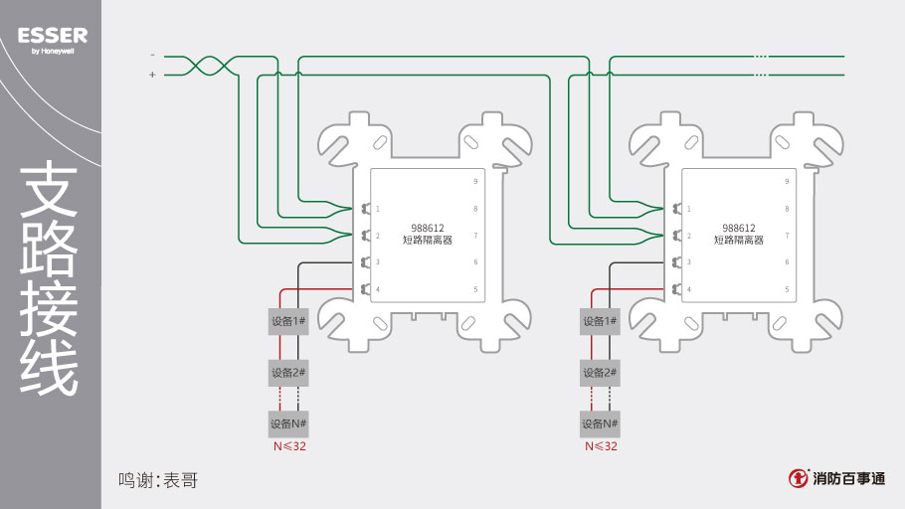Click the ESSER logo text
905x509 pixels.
[53, 36]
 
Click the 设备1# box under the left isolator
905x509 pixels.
[288, 321]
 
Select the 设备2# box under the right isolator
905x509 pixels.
[600, 373]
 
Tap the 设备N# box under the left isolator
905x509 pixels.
[288, 424]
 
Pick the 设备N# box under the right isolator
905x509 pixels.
[600, 424]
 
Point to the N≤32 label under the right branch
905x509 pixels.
[601, 446]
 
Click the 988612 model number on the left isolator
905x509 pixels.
[427, 228]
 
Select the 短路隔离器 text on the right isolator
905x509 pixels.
[738, 240]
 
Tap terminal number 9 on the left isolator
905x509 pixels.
[475, 182]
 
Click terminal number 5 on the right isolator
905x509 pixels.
[787, 289]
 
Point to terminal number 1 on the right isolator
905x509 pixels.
[689, 209]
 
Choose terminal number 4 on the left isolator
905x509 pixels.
[378, 289]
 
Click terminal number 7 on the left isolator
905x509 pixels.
[475, 236]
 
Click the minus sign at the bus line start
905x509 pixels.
[152, 55]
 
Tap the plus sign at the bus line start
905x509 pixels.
[152, 75]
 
